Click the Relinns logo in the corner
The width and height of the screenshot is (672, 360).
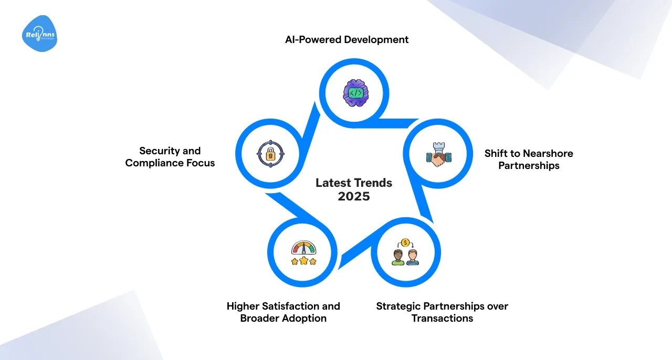39,34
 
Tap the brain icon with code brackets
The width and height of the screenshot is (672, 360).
356,93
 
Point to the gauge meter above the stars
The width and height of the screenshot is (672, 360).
303,248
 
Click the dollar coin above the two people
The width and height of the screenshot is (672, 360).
405,242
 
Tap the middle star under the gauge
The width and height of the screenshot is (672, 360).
304,260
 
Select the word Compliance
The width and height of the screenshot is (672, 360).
154,163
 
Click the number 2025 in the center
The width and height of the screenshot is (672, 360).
354,196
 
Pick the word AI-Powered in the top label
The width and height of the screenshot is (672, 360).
313,39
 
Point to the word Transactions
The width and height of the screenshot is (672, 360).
442,319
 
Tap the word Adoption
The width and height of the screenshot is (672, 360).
305,319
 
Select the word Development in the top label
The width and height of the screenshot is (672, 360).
376,40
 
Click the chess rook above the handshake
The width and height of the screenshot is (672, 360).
439,147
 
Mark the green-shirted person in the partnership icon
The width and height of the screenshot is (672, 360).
398,257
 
